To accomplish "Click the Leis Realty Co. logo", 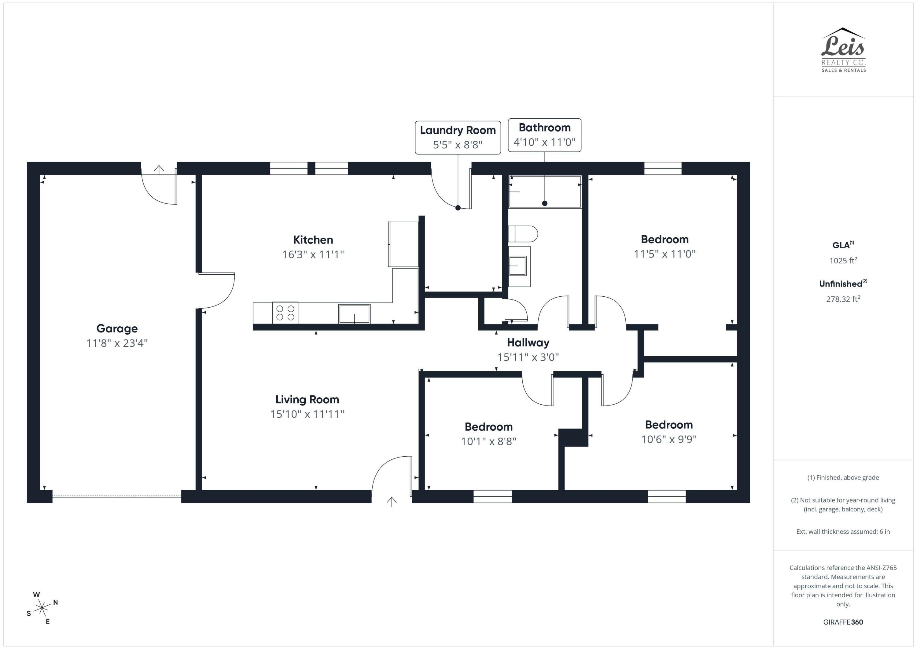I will [843, 50].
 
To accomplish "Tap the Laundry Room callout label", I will [458, 137].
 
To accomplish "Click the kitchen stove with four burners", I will [285, 313].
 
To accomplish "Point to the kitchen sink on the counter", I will [354, 314].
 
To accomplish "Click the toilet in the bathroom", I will [523, 234].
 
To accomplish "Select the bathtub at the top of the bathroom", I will [545, 191].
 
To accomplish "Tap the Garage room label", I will [117, 328].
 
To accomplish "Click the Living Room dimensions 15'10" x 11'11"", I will [307, 414].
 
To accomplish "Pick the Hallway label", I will [528, 343].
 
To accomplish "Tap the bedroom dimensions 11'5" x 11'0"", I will [665, 254].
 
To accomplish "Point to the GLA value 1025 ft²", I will [843, 261].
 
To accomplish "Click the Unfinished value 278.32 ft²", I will [843, 299].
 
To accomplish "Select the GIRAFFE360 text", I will [843, 622].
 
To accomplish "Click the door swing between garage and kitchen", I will [218, 291].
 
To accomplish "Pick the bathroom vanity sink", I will [517, 266].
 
